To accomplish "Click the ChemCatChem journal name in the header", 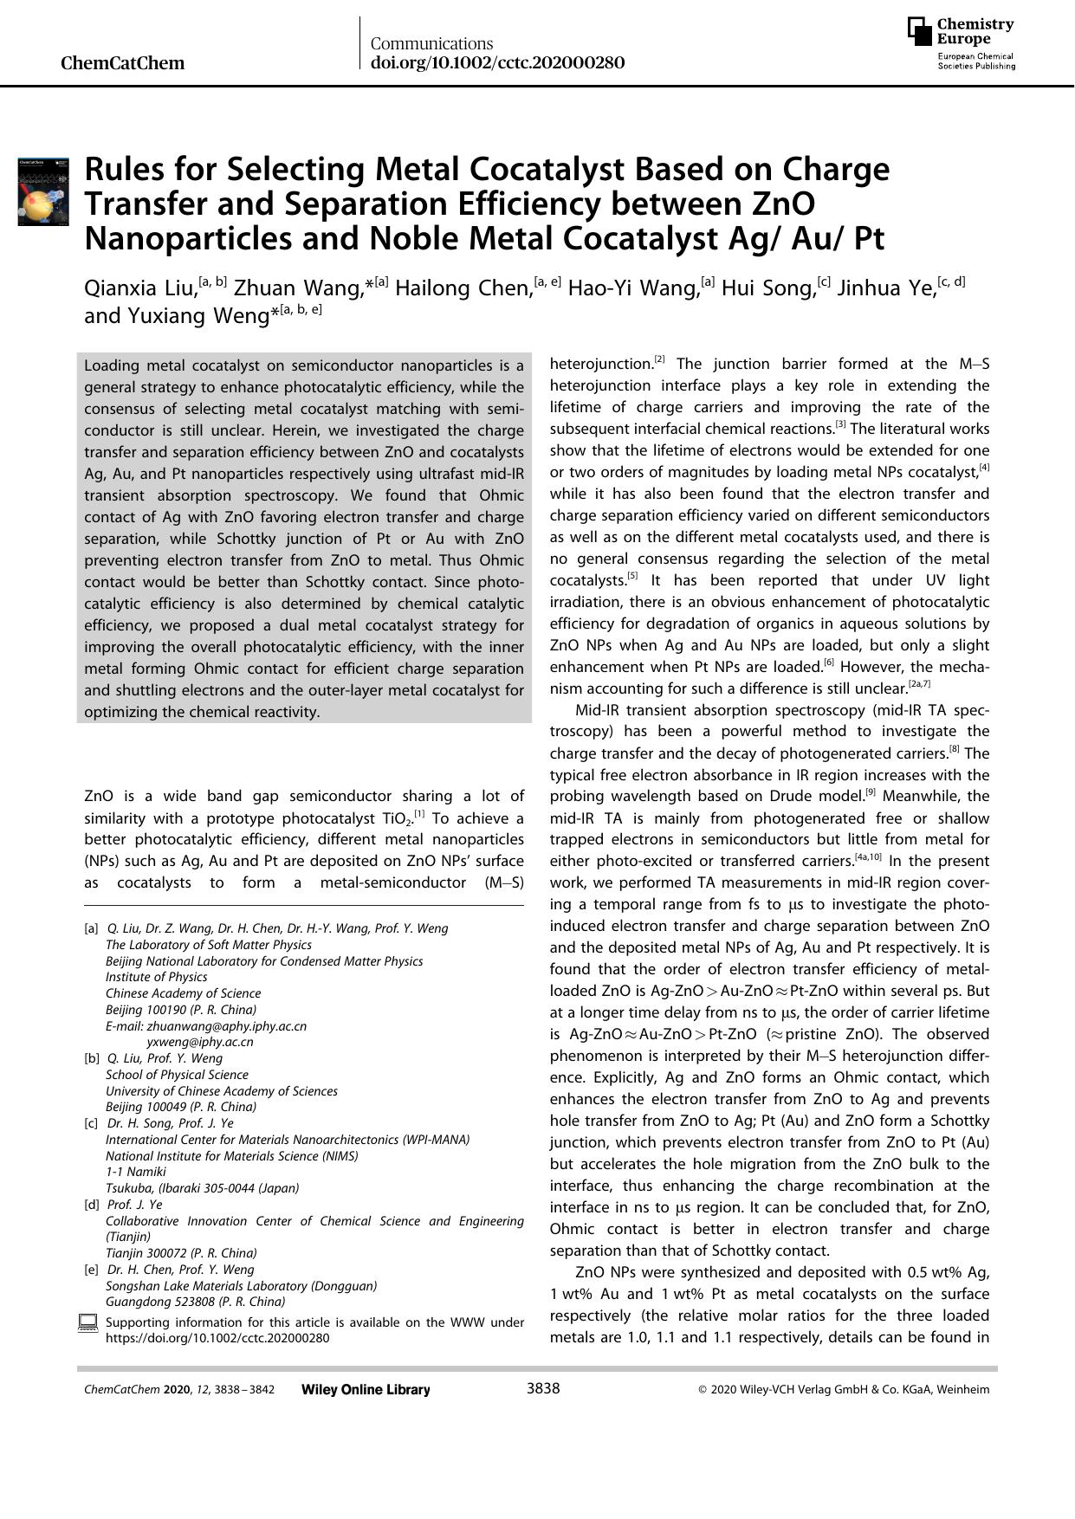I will [x=123, y=62].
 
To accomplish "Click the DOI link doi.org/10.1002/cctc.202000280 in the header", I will [x=497, y=62].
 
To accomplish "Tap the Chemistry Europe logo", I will [x=962, y=43].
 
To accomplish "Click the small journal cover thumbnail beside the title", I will [x=43, y=191].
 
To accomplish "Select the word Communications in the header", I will [x=431, y=43].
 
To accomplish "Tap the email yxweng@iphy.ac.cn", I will [x=200, y=1042].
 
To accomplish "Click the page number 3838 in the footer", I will [x=543, y=1388].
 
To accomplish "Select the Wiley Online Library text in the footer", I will [x=366, y=1389].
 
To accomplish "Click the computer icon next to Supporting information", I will [x=87, y=1322].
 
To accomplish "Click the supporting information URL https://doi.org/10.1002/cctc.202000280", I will [x=217, y=1337].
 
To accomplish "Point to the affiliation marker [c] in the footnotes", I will [x=91, y=1123].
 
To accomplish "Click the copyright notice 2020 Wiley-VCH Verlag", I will [x=844, y=1389].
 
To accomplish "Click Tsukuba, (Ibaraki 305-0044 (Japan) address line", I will [x=202, y=1188].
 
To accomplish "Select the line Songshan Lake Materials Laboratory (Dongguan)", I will [x=241, y=1286].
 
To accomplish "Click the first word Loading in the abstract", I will [x=111, y=365].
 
